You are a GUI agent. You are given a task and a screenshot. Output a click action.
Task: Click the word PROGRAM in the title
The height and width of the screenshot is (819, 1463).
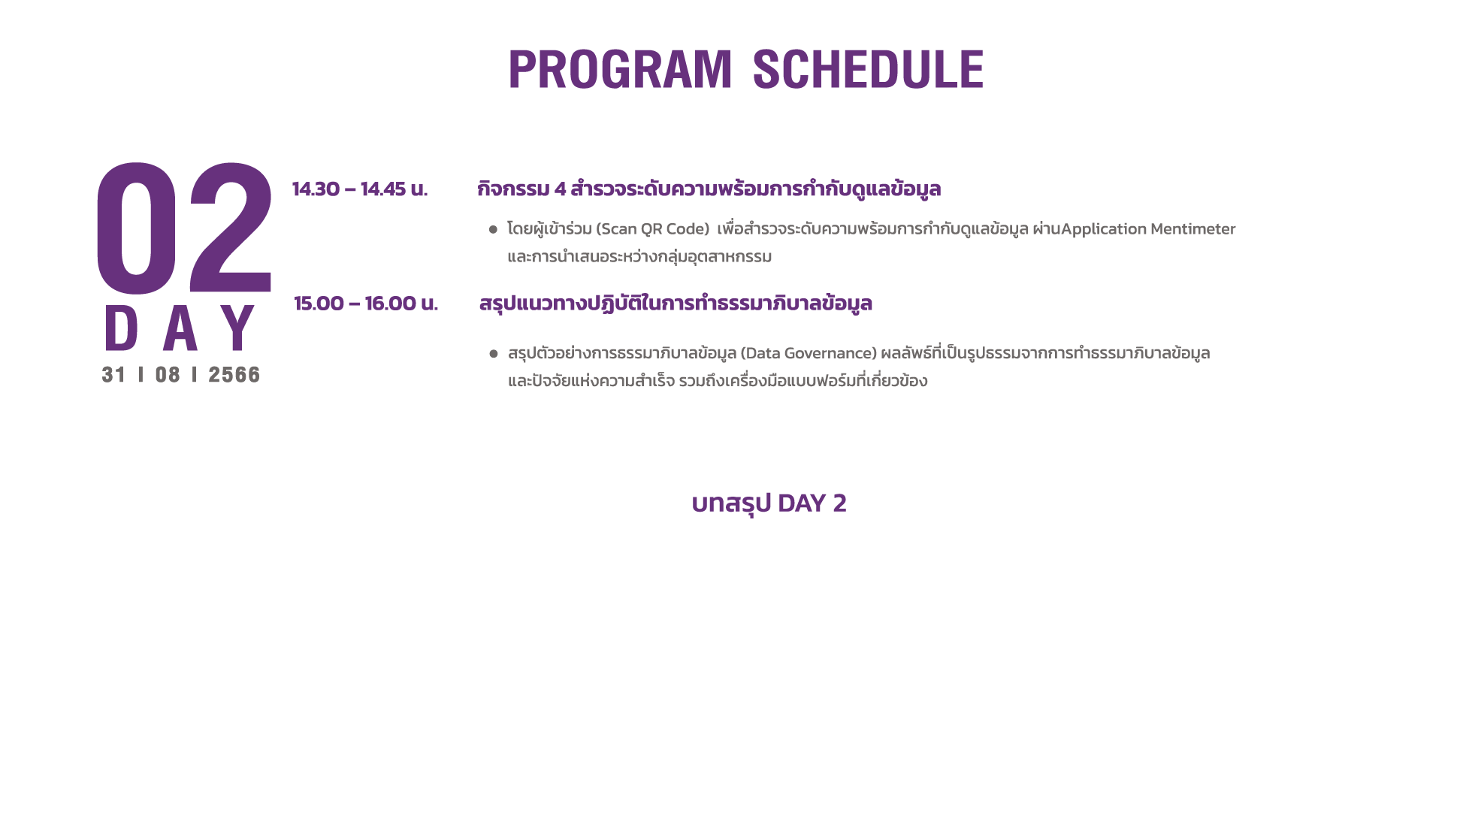pos(620,69)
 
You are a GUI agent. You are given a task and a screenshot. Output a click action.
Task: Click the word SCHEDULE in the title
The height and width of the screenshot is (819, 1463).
pos(868,69)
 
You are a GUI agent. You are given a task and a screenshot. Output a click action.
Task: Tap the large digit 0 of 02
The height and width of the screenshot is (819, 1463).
pos(136,228)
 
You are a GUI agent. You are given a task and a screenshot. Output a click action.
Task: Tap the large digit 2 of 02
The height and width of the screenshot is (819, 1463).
pos(230,228)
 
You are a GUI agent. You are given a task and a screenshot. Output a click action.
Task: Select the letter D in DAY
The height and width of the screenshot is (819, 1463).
pos(121,328)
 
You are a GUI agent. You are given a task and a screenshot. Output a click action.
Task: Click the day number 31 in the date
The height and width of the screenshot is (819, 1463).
pos(113,375)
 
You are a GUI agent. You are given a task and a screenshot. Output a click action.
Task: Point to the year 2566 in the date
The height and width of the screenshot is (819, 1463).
pos(234,375)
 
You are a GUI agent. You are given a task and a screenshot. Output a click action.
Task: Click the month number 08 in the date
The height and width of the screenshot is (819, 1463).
pos(168,375)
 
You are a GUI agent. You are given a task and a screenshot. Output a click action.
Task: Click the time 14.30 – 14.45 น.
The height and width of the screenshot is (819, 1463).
pos(360,189)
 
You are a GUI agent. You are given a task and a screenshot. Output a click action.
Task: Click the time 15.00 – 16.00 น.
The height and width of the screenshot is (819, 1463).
pos(366,304)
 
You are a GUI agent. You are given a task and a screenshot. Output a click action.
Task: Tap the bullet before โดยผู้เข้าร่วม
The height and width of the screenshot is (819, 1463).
pos(493,229)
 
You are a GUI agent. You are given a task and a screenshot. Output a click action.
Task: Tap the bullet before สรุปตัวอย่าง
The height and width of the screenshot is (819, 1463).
pos(494,353)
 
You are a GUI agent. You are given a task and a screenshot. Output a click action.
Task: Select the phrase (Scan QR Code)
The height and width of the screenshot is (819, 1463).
pos(653,229)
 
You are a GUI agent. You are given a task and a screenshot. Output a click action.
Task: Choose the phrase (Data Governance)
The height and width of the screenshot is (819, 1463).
pos(809,353)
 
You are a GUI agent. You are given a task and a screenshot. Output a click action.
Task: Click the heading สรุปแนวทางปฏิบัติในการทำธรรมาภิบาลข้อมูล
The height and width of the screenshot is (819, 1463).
pos(676,304)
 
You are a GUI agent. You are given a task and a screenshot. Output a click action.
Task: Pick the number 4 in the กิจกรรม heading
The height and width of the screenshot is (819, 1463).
pos(560,189)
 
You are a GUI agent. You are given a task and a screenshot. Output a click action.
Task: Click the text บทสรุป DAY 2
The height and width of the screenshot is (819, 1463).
pos(769,503)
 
